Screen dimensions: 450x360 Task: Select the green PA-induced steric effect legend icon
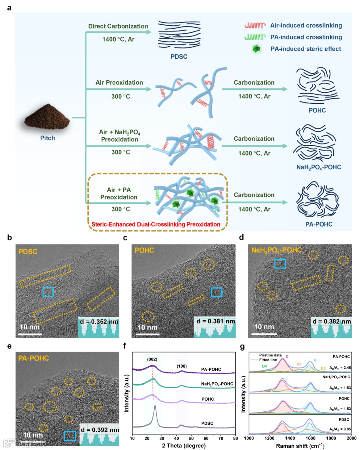pos(256,49)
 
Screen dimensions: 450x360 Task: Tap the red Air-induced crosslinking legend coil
pos(255,25)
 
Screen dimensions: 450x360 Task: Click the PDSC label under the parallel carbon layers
pos(179,57)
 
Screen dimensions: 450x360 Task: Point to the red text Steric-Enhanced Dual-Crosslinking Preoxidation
pos(156,224)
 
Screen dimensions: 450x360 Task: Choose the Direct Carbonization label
pos(118,26)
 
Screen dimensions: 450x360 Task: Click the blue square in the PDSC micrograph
pos(48,292)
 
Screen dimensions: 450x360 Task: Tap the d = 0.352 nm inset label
pos(99,322)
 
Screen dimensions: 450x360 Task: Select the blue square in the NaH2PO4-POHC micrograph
pos(280,264)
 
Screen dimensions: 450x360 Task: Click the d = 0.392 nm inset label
pos(100,430)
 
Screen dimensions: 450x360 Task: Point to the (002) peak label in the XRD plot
pos(152,359)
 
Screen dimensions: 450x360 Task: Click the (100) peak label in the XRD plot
pos(182,366)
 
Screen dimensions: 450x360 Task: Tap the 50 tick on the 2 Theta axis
pos(191,438)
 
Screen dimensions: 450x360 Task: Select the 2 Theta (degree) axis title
pos(184,446)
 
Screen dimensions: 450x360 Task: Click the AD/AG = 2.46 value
pos(340,368)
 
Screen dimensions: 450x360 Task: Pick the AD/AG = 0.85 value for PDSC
pos(340,429)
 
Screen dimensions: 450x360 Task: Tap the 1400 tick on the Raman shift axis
pos(290,438)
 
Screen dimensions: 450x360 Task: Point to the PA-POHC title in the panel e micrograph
pos(33,358)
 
